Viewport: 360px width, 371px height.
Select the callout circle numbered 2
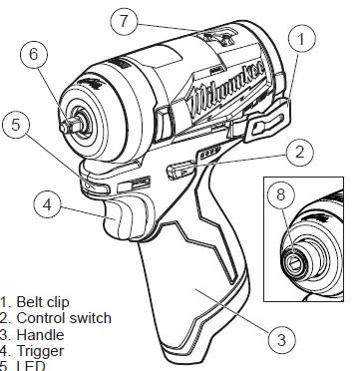click(297, 154)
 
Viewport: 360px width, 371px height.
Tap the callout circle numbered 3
click(282, 340)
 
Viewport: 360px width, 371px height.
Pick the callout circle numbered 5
click(16, 127)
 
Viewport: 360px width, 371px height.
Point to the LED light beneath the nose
click(100, 183)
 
